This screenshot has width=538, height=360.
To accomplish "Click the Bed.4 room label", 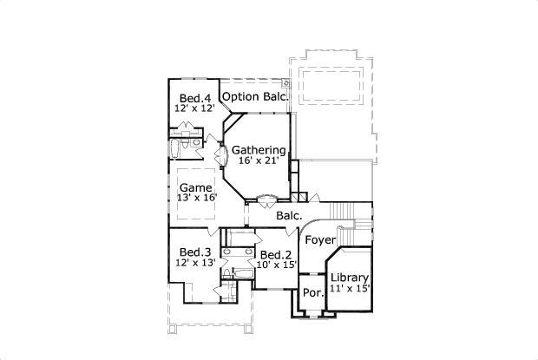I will click(x=195, y=97).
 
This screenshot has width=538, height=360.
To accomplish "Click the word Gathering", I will click(x=259, y=150).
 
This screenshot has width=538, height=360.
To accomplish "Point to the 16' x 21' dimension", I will click(x=259, y=162).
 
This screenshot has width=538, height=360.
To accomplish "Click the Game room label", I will click(x=195, y=187).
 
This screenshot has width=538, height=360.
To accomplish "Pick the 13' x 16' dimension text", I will click(x=195, y=198).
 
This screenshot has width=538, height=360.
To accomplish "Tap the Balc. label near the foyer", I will click(x=289, y=215).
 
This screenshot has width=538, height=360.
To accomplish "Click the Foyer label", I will click(x=320, y=239).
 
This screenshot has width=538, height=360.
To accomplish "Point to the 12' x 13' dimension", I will click(x=194, y=262).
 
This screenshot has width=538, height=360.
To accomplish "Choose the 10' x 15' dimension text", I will click(x=276, y=265).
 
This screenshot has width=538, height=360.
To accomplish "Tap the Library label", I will click(x=349, y=278).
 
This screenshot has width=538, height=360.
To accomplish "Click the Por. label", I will click(x=312, y=292).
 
